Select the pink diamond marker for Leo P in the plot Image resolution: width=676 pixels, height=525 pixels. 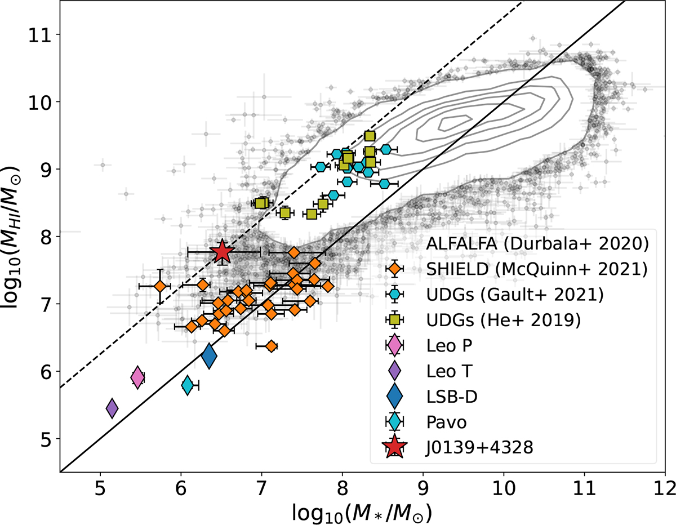coord(137,377)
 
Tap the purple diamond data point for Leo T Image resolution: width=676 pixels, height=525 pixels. coord(112,408)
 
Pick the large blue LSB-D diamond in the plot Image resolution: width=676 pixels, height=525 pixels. coord(209,357)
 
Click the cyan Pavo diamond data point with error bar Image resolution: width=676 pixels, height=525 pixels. coord(188,385)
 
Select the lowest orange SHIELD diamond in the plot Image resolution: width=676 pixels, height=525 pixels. coord(271,346)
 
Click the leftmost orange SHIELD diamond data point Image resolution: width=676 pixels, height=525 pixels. coord(160,286)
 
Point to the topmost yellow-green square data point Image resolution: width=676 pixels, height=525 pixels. coord(370,136)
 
